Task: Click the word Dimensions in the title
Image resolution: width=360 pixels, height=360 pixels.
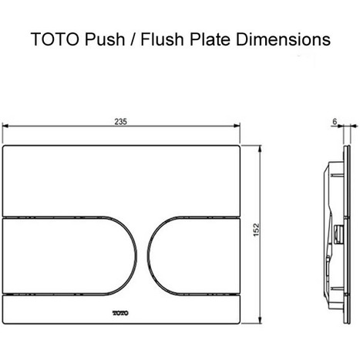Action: click(x=289, y=38)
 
